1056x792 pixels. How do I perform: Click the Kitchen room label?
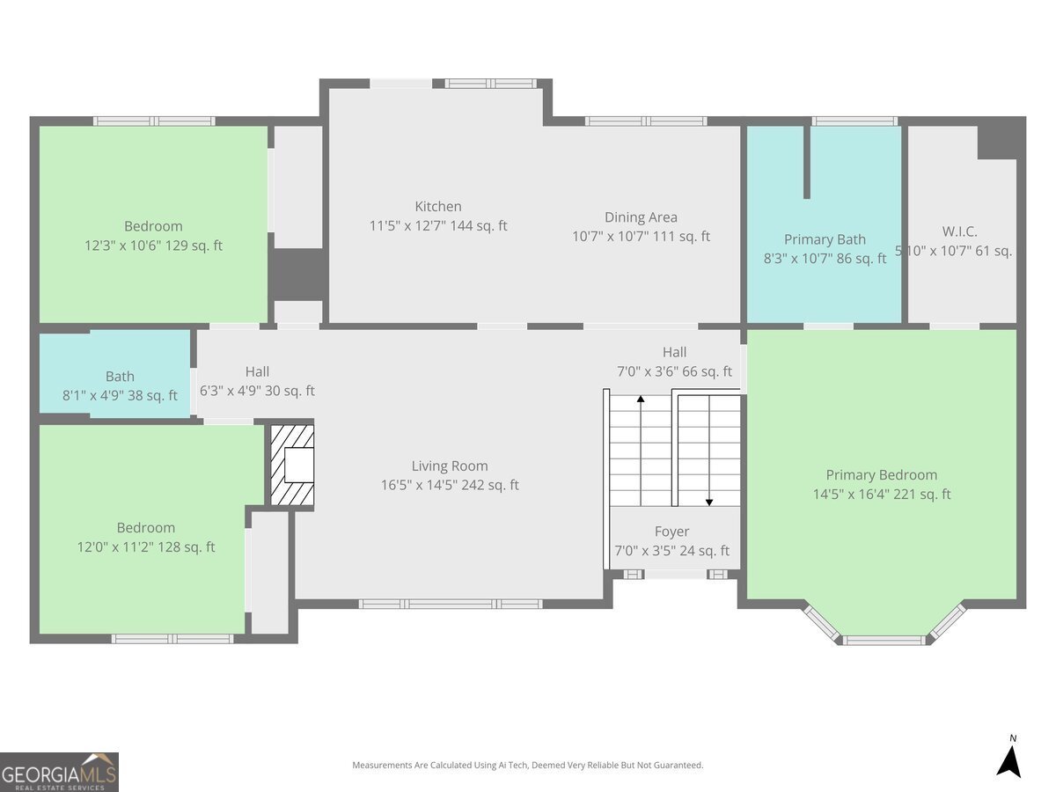click(x=438, y=207)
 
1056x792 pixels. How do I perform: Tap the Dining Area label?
click(x=641, y=217)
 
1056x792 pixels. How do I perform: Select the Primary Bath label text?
click(x=825, y=239)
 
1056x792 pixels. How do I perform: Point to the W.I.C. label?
click(x=959, y=231)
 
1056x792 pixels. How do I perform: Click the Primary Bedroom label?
click(x=881, y=475)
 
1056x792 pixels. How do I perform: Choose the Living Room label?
click(x=450, y=466)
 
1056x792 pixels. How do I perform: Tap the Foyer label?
click(x=671, y=532)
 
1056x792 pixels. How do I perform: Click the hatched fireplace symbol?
click(x=292, y=466)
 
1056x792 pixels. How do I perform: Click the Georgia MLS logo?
click(x=59, y=772)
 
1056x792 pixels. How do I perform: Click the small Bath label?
click(x=120, y=377)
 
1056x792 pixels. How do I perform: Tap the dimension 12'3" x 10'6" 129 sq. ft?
click(x=153, y=246)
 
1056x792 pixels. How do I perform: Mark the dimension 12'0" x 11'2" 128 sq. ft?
click(x=146, y=547)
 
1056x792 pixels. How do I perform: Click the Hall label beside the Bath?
click(x=257, y=372)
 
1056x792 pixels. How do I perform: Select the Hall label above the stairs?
click(x=674, y=352)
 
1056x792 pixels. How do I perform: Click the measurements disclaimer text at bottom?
click(x=527, y=766)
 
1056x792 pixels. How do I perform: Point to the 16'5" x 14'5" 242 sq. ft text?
click(x=450, y=485)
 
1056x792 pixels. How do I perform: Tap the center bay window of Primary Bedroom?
click(x=885, y=640)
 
